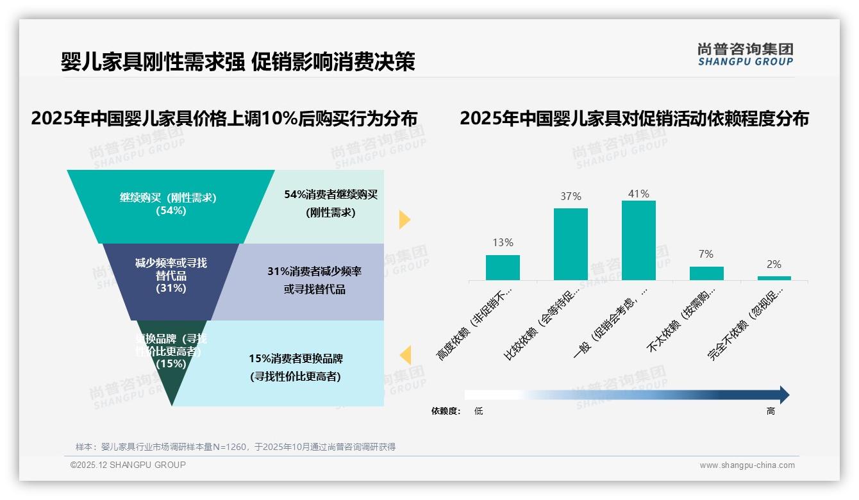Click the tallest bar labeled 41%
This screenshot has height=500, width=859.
(638, 240)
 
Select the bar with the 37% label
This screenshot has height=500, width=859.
(571, 244)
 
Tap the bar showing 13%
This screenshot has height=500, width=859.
(503, 267)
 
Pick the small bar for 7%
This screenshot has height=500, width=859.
(706, 274)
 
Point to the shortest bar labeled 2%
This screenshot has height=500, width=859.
(774, 278)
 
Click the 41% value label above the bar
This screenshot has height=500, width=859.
(638, 194)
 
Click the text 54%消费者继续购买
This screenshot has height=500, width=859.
(331, 195)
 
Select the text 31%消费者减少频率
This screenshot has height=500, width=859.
(314, 271)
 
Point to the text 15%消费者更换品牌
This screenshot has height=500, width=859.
(296, 358)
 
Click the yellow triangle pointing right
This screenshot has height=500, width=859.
(404, 219)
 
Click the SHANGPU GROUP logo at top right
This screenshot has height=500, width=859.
(745, 54)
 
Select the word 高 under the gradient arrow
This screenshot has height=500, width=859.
(771, 411)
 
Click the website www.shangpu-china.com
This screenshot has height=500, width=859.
(747, 465)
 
